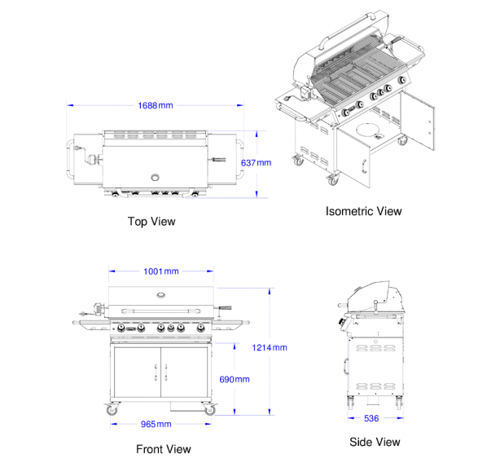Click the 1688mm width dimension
[156, 106]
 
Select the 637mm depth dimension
[256, 163]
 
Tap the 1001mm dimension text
[161, 271]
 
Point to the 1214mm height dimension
[270, 347]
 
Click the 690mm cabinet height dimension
[235, 379]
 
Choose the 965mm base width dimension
[156, 424]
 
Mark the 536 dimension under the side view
[371, 418]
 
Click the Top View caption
[151, 222]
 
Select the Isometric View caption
[363, 211]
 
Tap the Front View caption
[164, 449]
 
